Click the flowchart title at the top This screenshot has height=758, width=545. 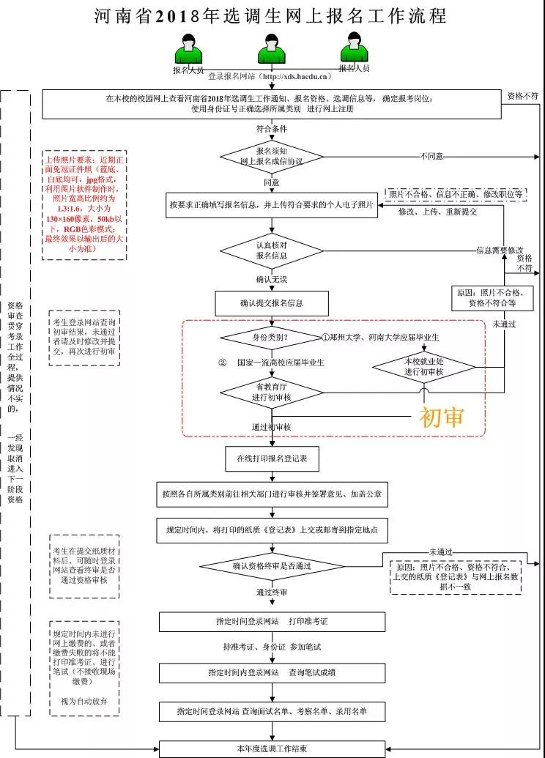coord(271,16)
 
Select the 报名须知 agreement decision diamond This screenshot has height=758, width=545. coord(272,156)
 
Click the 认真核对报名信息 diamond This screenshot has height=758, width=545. coord(272,250)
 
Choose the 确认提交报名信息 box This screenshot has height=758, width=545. coord(272,302)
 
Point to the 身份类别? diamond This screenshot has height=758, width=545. coord(270,338)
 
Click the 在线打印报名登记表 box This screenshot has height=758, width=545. coord(272,459)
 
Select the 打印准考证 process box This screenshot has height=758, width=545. coord(272,621)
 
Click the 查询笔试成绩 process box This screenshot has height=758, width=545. coord(272,672)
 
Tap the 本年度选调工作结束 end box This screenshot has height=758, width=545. coord(272,748)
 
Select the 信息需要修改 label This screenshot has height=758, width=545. coord(500,250)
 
